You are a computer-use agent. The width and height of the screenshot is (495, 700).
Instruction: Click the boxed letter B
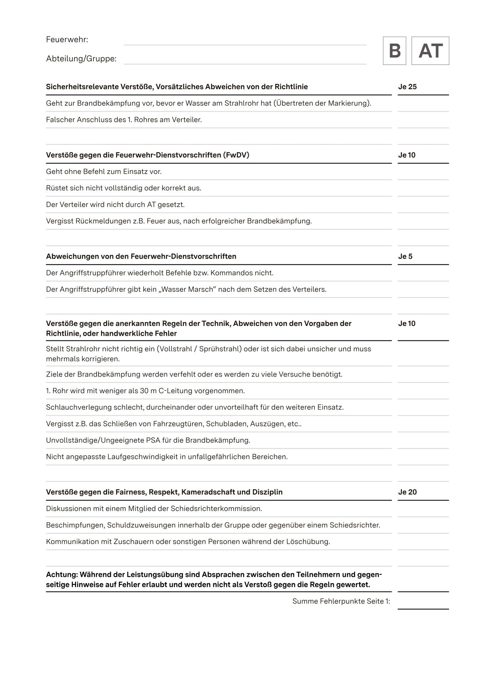point(394,51)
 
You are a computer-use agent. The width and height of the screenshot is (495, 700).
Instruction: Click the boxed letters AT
point(430,51)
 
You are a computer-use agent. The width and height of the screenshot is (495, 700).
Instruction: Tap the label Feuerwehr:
point(67,40)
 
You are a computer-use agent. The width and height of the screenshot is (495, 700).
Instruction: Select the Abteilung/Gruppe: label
point(81,59)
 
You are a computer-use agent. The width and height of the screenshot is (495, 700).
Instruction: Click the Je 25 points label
point(407,87)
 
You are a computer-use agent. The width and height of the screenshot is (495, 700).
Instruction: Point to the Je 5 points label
point(405,256)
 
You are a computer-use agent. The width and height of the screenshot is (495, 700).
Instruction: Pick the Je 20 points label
point(407,492)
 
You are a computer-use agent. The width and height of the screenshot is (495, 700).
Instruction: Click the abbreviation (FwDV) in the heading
point(236,155)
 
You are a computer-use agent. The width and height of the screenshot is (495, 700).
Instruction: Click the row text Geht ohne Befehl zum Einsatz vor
point(104,171)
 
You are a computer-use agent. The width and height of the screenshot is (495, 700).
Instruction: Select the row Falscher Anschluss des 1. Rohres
point(124,120)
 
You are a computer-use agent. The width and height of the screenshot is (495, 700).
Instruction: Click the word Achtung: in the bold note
point(61,574)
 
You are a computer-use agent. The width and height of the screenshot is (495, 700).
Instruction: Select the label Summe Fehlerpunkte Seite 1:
point(341,601)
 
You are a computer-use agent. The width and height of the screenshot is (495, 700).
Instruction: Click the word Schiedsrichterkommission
point(216,508)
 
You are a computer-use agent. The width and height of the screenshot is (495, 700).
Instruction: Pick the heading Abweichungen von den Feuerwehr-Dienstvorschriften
point(141,256)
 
